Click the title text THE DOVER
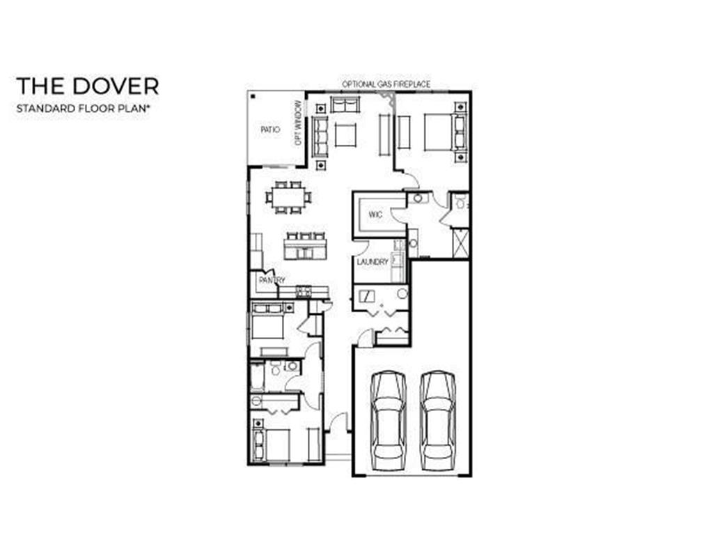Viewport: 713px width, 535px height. point(87,86)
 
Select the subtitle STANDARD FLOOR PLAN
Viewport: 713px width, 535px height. point(83,109)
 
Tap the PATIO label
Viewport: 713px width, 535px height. point(270,130)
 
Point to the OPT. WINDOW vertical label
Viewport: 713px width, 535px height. point(298,123)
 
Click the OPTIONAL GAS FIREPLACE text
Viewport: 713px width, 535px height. point(386,84)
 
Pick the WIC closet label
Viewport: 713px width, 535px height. point(375,215)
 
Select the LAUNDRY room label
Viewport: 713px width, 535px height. point(373,262)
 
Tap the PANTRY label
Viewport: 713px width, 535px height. point(272,280)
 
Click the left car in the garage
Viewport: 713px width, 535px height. point(389,421)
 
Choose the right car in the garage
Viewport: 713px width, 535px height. point(437,421)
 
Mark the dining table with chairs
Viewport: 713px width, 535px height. point(289,197)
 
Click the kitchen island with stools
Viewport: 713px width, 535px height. point(305,246)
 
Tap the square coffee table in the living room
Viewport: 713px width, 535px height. point(346,134)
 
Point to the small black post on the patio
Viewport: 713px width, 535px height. point(253,96)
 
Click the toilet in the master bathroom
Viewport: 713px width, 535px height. point(460,203)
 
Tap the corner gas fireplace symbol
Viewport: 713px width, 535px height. point(388,98)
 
